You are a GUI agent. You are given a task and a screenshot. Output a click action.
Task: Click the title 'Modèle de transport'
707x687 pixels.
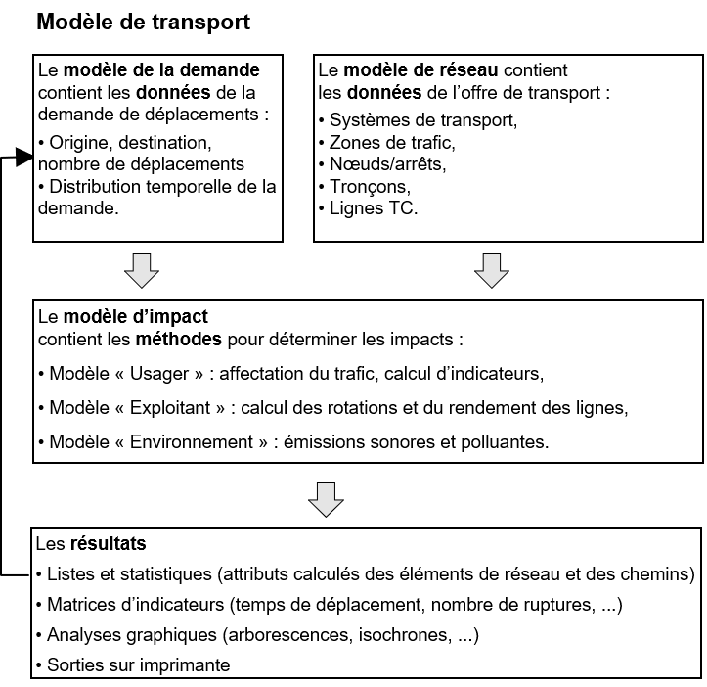click(144, 23)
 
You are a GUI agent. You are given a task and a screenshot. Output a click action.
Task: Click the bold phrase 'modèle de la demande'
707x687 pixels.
click(161, 70)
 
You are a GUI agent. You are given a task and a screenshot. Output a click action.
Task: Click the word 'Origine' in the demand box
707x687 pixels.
click(77, 143)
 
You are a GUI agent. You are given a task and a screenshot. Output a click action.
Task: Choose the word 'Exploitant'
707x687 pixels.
click(171, 408)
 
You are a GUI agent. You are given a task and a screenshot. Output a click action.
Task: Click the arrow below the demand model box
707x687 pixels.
click(143, 270)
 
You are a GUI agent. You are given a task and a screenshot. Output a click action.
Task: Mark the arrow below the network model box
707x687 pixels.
click(491, 270)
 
